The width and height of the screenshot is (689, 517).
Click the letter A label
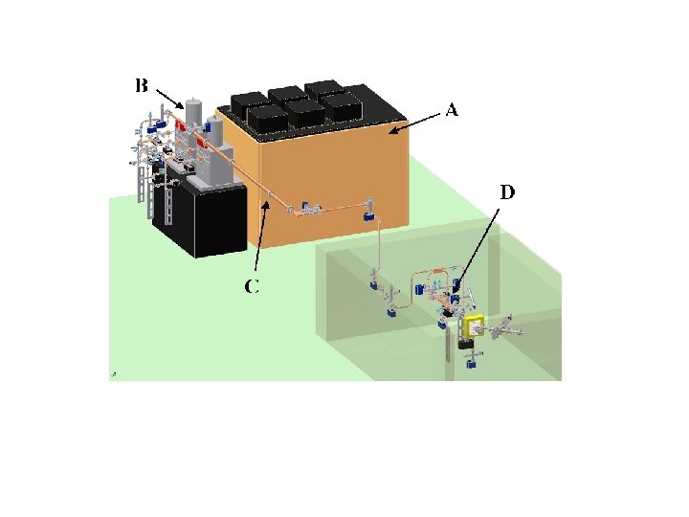[x=453, y=110]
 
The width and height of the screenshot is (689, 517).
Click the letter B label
[x=141, y=86]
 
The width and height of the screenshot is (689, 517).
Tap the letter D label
[x=506, y=192]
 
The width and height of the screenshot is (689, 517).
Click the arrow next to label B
[x=171, y=97]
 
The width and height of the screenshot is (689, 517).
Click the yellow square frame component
[x=472, y=328]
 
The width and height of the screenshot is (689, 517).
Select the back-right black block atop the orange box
[x=324, y=88]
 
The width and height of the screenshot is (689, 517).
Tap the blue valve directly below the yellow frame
[x=470, y=361]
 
